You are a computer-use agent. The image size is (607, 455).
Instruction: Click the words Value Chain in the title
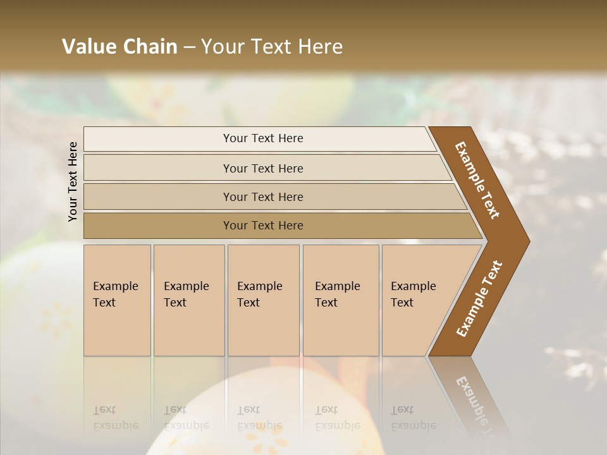[x=120, y=47]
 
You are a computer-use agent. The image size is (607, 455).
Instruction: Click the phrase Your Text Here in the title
[x=272, y=47]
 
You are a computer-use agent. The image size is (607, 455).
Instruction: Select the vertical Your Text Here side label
[x=73, y=181]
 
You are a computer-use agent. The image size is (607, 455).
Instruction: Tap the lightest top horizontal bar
[x=263, y=138]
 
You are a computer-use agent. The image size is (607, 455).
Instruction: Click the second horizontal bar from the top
[x=263, y=168]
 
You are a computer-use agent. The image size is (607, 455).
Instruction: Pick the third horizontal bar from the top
[x=263, y=197]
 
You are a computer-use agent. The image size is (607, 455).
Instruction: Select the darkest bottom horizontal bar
[x=263, y=226]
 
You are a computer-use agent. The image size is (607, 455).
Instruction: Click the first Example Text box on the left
[x=117, y=300]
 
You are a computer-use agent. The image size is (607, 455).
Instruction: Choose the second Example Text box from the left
[x=188, y=300]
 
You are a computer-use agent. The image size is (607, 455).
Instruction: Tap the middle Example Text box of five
[x=263, y=300]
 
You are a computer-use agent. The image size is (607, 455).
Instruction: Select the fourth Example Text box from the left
[x=341, y=300]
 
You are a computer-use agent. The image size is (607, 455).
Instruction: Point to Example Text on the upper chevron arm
[x=477, y=180]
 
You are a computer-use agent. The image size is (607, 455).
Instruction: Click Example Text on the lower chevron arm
[x=479, y=298]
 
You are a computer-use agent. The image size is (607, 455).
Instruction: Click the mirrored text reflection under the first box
[x=116, y=418]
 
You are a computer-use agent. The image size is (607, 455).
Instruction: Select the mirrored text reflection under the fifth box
[x=413, y=418]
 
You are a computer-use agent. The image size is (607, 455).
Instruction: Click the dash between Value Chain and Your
[x=189, y=47]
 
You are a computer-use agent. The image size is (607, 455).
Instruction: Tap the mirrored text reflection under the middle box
[x=259, y=418]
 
